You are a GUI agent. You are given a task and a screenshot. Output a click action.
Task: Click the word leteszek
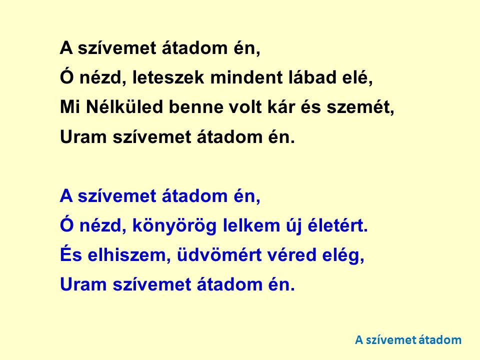(x=168, y=77)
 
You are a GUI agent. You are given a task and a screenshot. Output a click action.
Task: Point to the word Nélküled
(x=124, y=107)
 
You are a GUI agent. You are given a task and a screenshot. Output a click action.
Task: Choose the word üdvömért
(x=219, y=255)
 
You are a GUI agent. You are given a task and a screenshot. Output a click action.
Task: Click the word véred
(x=291, y=255)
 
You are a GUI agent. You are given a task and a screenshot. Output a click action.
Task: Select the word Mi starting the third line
(x=70, y=107)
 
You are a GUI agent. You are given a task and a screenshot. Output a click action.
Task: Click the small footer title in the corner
(x=408, y=340)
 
